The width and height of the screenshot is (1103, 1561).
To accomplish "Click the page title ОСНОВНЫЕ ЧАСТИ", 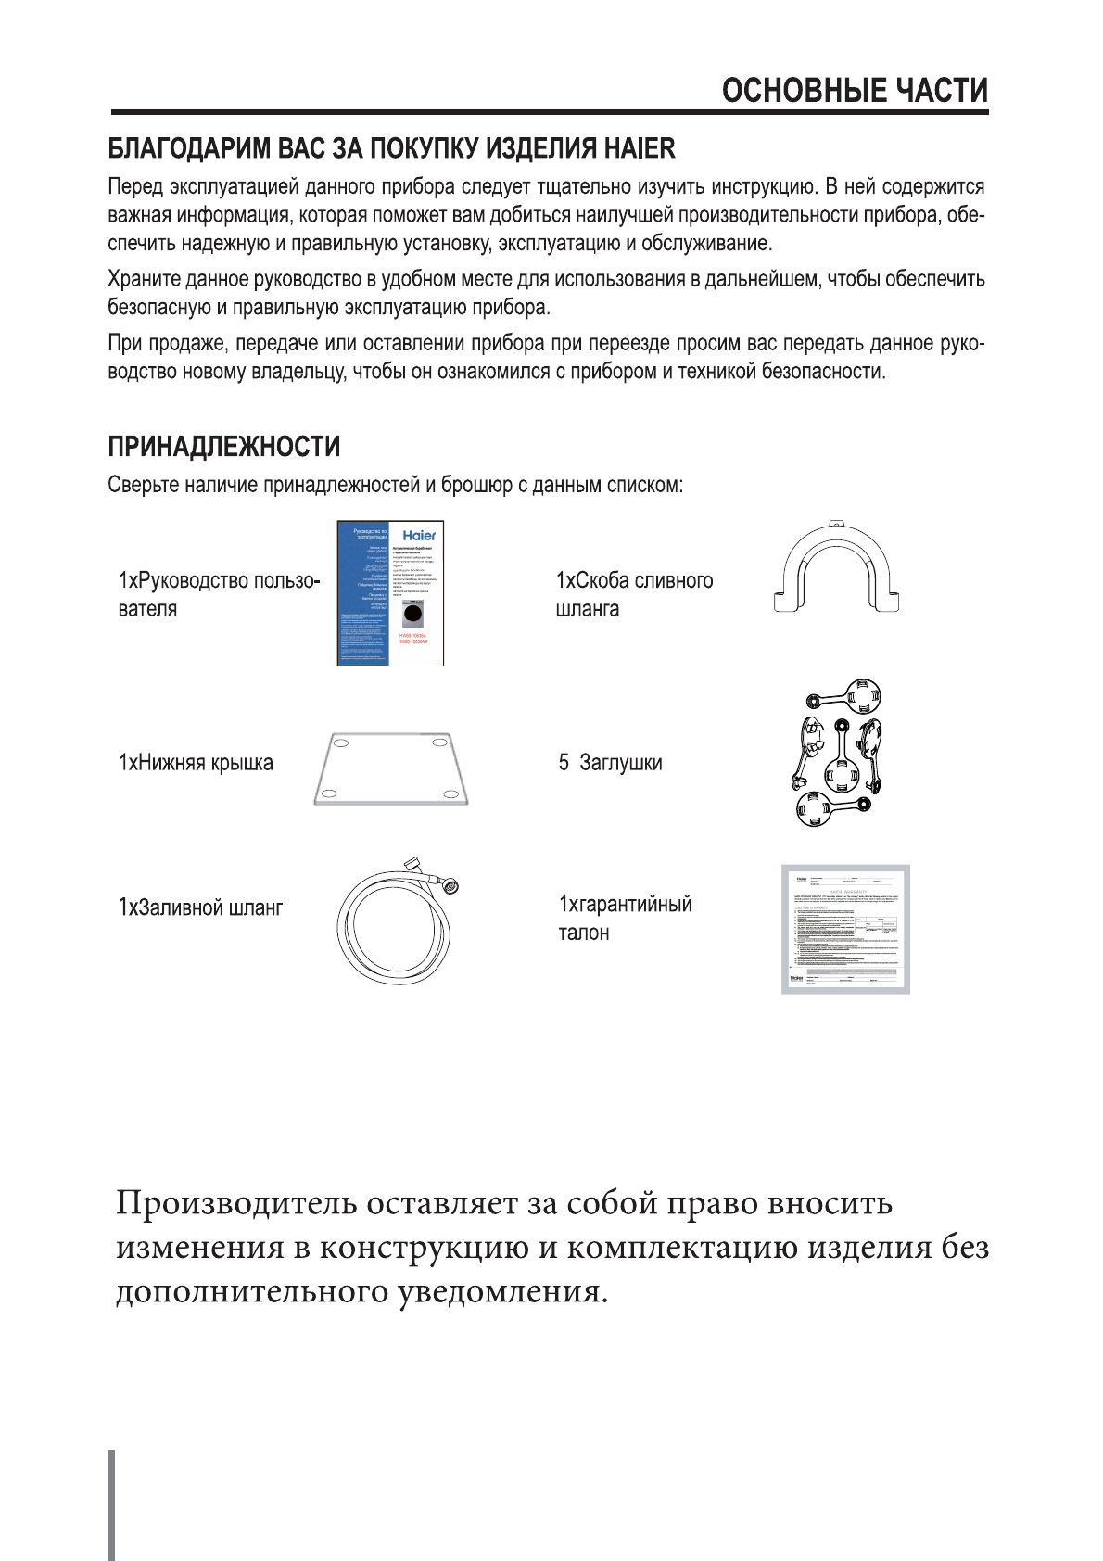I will tap(855, 91).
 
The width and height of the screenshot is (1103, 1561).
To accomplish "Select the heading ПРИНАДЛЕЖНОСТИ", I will tap(224, 447).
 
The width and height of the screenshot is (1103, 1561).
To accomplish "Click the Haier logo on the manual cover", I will tap(419, 536).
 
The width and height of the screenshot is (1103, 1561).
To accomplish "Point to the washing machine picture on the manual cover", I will tap(412, 615).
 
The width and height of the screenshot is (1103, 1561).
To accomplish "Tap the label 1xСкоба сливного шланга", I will tap(634, 594).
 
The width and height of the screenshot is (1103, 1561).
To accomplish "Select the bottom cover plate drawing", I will tap(390, 769).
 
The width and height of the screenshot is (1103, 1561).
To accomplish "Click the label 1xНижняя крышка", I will tap(196, 763).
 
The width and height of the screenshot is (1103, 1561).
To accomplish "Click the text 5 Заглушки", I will tap(610, 763).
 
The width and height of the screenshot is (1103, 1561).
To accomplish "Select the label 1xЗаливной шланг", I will tap(200, 907).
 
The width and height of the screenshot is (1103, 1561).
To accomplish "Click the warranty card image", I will tap(845, 929).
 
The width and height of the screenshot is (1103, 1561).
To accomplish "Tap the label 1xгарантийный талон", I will tap(625, 918).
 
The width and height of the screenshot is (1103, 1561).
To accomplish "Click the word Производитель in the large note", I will tap(236, 1203).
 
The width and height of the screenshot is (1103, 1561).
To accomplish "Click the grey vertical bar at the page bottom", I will tap(112, 1505).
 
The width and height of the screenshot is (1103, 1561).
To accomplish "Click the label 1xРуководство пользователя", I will tap(219, 594).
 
